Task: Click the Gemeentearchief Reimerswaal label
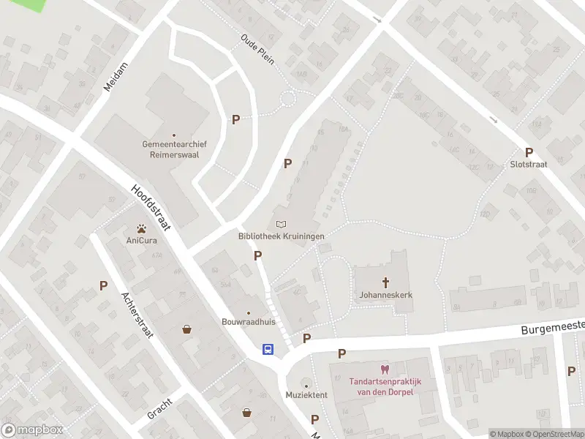pos(174,149)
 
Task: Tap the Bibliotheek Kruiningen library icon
pos(281,224)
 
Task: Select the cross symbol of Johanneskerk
pos(385,282)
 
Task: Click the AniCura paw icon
pos(139,228)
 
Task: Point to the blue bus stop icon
pos(269,349)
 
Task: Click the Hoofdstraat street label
pos(151,207)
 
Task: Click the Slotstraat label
pos(528,165)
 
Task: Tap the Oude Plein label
pos(257,49)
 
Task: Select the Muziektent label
pos(306,395)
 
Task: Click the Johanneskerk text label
pos(385,295)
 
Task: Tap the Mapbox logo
pos(32,430)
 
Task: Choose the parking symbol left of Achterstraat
pos(103,285)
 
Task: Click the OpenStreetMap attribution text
pos(554,434)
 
